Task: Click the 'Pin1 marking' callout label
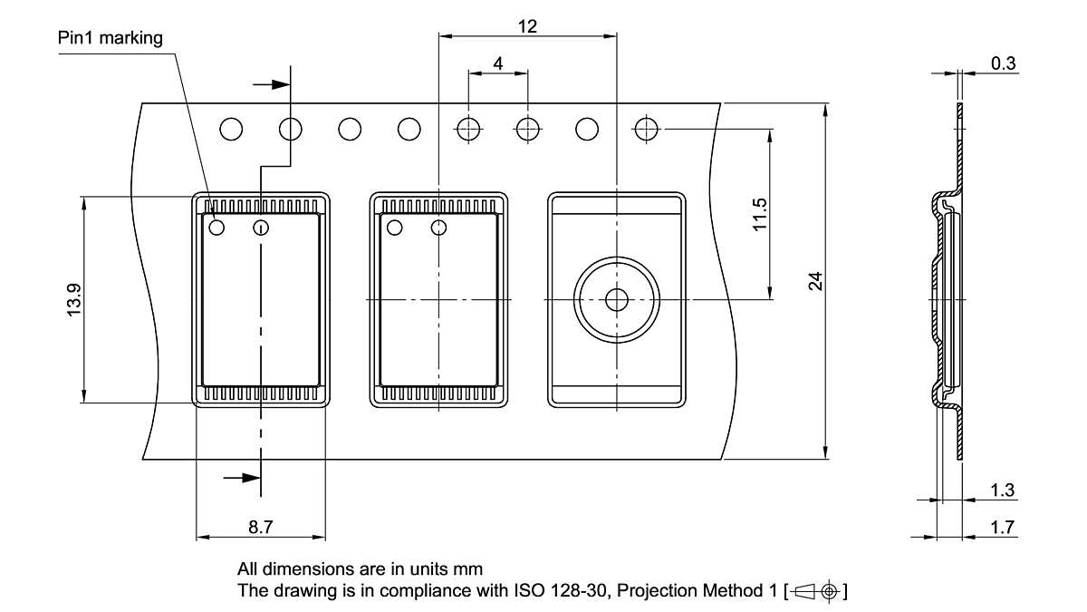[111, 38]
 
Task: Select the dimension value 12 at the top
[527, 26]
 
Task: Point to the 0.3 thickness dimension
[1003, 63]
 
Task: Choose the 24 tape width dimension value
[815, 282]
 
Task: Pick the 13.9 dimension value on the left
[73, 299]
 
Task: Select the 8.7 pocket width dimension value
[261, 527]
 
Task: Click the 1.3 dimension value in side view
[1002, 491]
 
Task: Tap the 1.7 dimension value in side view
[1002, 528]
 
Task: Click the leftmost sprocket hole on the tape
[231, 130]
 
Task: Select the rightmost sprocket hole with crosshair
[646, 130]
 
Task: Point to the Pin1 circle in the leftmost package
[216, 227]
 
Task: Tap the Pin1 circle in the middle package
[394, 227]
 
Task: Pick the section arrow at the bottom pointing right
[241, 477]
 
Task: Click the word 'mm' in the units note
[471, 569]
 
